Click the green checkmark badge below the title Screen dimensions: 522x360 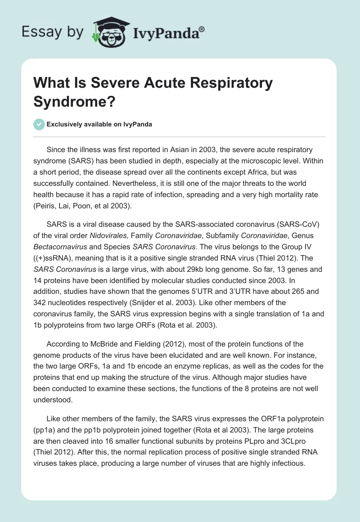[x=40, y=124]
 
